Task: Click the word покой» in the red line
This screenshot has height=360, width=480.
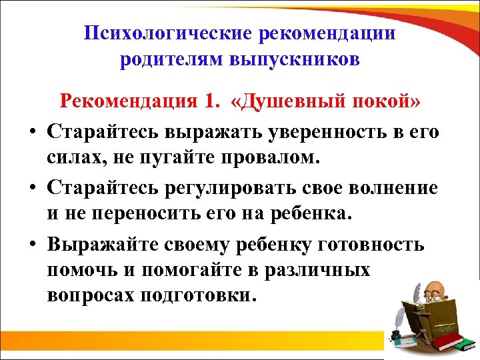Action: [393, 101]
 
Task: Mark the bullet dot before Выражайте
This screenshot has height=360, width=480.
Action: [31, 245]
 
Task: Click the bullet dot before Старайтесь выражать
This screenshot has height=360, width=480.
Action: [31, 133]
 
